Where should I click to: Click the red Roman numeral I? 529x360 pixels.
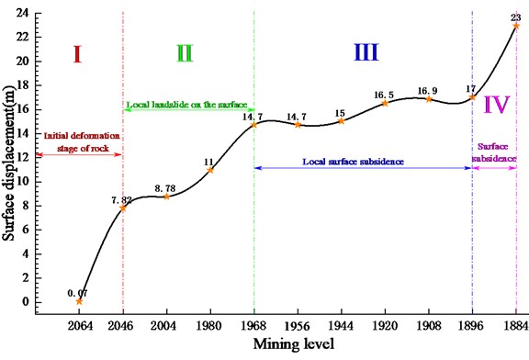point(78,53)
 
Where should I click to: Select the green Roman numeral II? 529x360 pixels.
point(184,53)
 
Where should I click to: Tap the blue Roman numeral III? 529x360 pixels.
point(366,53)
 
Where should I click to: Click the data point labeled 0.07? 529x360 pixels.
point(79,301)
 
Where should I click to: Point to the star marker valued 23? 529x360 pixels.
point(516,26)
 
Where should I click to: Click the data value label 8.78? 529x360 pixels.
point(165,186)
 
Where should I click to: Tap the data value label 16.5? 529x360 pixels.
point(385,94)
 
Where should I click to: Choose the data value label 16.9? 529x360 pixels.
point(428,89)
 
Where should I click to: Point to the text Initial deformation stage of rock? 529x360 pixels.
point(80,141)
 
